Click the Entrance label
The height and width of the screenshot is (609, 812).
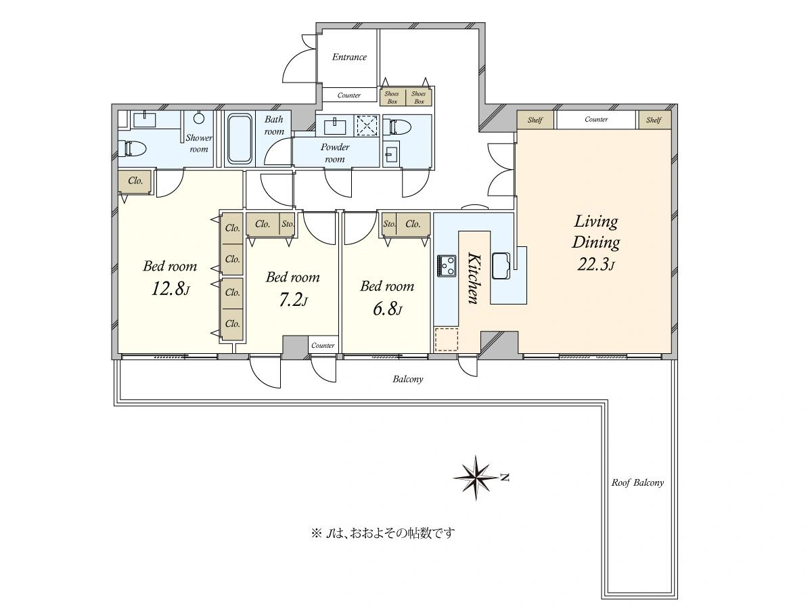[x=349, y=57]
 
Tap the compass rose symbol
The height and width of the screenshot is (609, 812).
[x=476, y=478]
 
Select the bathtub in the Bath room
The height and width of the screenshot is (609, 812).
[x=240, y=139]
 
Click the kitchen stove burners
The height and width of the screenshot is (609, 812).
[x=447, y=266]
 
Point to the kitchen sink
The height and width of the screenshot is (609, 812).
[x=501, y=265]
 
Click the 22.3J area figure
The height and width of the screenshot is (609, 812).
[x=596, y=264]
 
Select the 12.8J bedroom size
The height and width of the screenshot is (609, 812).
[x=170, y=289]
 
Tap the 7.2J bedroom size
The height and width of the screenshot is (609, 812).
[x=293, y=300]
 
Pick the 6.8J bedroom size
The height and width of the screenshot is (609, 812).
[x=387, y=309]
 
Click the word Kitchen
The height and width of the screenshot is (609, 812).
[x=474, y=278]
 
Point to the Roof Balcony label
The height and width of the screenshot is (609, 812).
[x=637, y=482]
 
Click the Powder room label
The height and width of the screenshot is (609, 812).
[x=335, y=153]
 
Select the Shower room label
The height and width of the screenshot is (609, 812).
[x=199, y=143]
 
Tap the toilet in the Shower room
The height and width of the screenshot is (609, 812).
[x=132, y=148]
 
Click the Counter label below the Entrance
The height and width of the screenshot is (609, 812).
[x=349, y=95]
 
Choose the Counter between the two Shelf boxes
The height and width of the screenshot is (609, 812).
[x=596, y=120]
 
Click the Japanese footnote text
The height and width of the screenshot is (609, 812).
[x=383, y=533]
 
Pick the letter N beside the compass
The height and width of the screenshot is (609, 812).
[x=505, y=477]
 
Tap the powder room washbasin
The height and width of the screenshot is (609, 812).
[x=335, y=126]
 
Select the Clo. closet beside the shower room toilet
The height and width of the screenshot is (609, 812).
[x=135, y=181]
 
